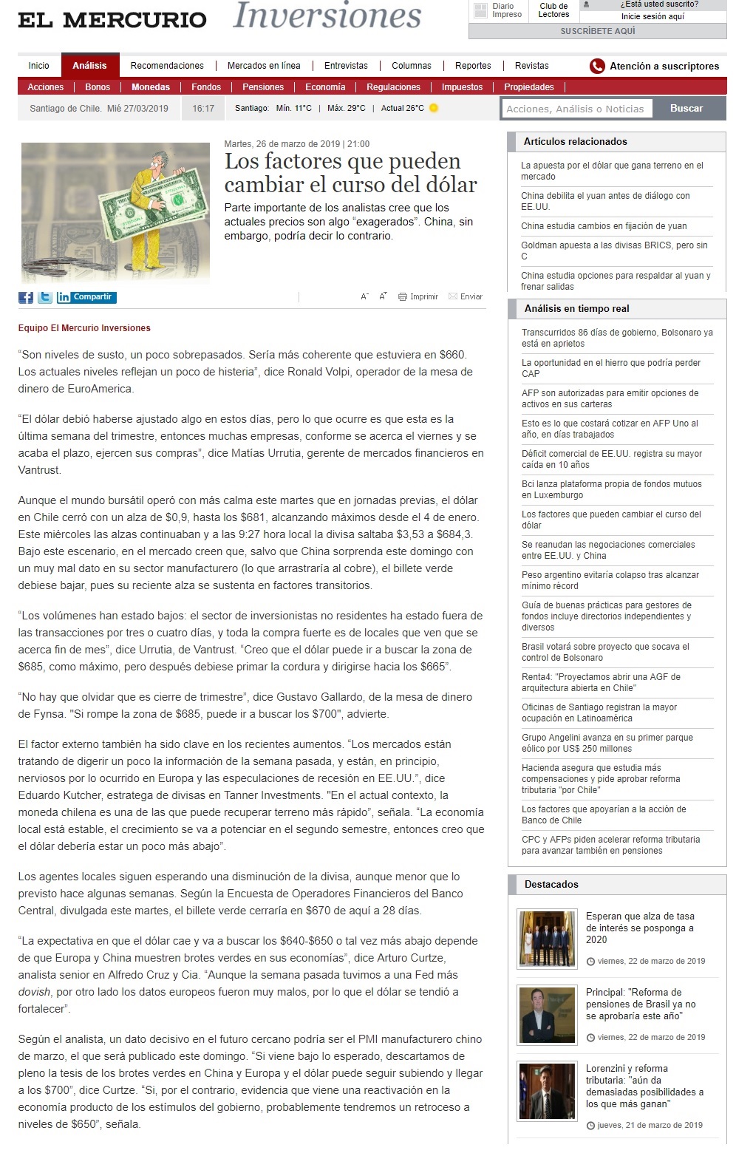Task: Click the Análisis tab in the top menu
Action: [x=89, y=66]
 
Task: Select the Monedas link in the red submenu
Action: [x=151, y=87]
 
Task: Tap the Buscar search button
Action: [x=686, y=109]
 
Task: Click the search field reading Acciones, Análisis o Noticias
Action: [x=575, y=109]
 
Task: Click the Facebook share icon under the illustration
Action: [x=26, y=297]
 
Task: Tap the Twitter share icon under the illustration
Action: [x=45, y=297]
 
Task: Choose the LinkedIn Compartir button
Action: [x=86, y=297]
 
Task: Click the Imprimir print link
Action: [x=419, y=296]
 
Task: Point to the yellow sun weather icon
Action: [x=434, y=108]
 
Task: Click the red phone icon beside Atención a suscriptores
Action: [x=597, y=67]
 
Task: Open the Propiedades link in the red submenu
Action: [x=529, y=87]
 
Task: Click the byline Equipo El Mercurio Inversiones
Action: [x=84, y=328]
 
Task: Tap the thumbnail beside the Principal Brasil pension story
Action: [x=547, y=1014]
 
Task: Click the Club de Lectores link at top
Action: [x=553, y=10]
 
